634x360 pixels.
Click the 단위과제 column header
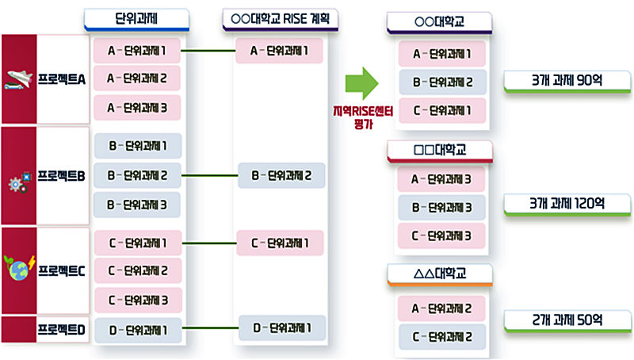coord(136,18)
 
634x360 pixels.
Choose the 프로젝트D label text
coord(62,329)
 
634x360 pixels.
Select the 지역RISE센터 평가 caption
coord(362,117)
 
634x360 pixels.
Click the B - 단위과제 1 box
coord(136,146)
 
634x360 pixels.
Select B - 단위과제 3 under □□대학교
coord(442,207)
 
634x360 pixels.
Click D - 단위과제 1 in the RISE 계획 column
coord(281,327)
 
